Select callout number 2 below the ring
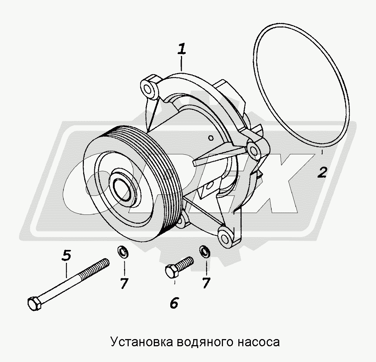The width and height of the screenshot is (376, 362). [x=322, y=172]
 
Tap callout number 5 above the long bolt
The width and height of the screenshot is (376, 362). [x=66, y=255]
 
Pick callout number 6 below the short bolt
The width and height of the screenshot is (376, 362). [x=174, y=303]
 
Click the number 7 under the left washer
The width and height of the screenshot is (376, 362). [x=124, y=284]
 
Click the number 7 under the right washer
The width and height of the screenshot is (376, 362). [x=206, y=283]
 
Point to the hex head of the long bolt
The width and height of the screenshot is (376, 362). [x=34, y=304]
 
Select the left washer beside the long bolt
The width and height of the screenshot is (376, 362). [x=123, y=252]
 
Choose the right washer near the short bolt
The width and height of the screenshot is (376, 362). [x=205, y=252]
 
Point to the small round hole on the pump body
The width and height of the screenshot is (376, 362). [x=211, y=138]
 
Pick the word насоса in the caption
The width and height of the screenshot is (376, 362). [x=259, y=342]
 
